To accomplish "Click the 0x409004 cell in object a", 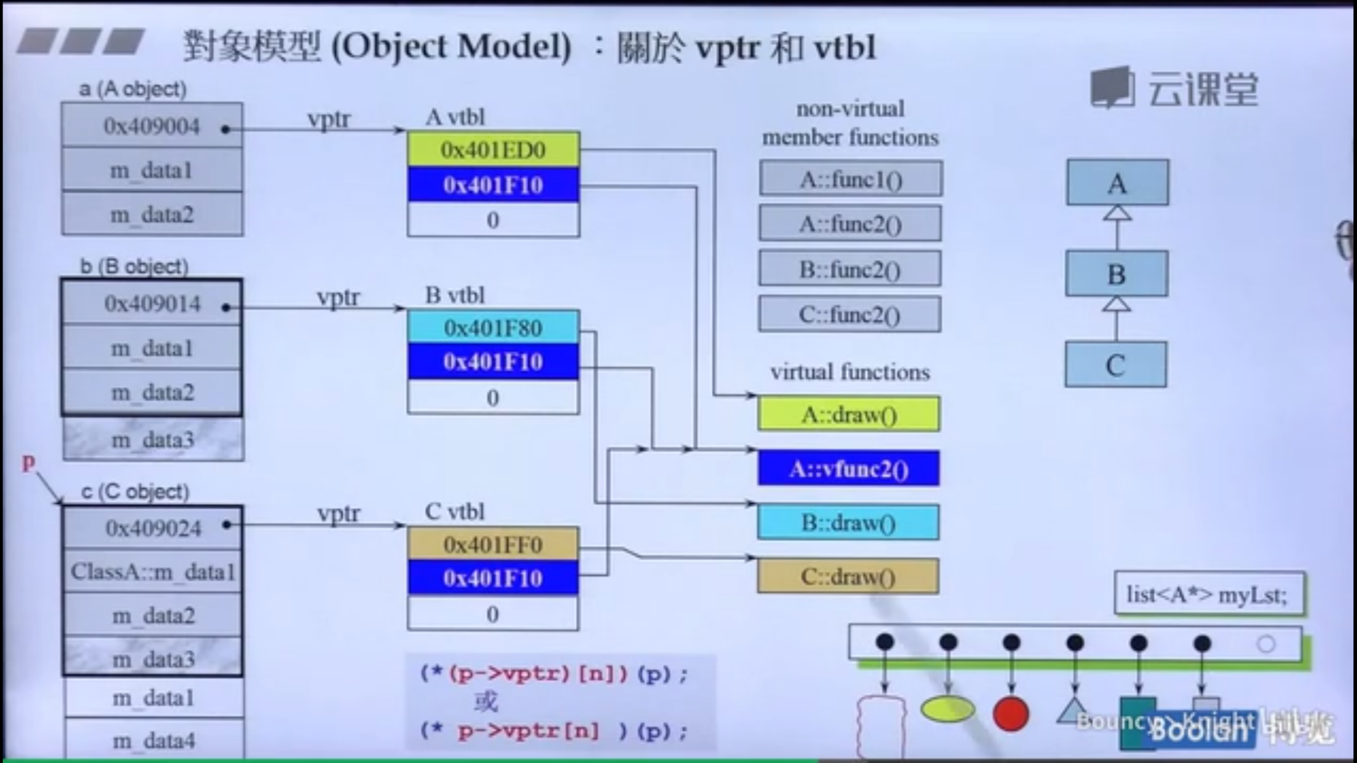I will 152,126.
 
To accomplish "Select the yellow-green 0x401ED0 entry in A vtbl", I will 493,149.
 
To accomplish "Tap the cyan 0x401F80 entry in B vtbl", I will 493,327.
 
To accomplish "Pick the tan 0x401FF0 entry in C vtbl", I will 493,544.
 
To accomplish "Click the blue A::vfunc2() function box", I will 849,469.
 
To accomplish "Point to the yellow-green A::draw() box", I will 849,415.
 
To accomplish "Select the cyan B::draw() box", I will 849,523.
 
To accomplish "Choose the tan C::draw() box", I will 849,576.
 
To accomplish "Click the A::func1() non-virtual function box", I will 851,179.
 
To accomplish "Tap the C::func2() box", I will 850,315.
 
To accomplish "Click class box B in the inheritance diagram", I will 1117,274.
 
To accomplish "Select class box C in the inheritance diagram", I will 1116,365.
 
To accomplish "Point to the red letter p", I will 28,462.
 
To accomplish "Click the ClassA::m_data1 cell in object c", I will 152,572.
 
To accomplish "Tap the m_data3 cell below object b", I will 153,440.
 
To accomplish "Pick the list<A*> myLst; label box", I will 1208,594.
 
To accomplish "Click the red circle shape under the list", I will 1011,714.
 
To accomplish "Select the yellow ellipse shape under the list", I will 948,710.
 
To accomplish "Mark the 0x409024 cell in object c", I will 153,528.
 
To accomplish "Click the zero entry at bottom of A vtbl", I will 493,220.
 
